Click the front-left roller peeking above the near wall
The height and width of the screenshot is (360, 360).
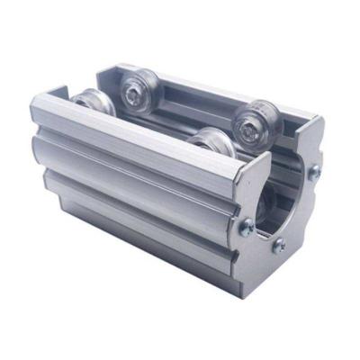point(93,103)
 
